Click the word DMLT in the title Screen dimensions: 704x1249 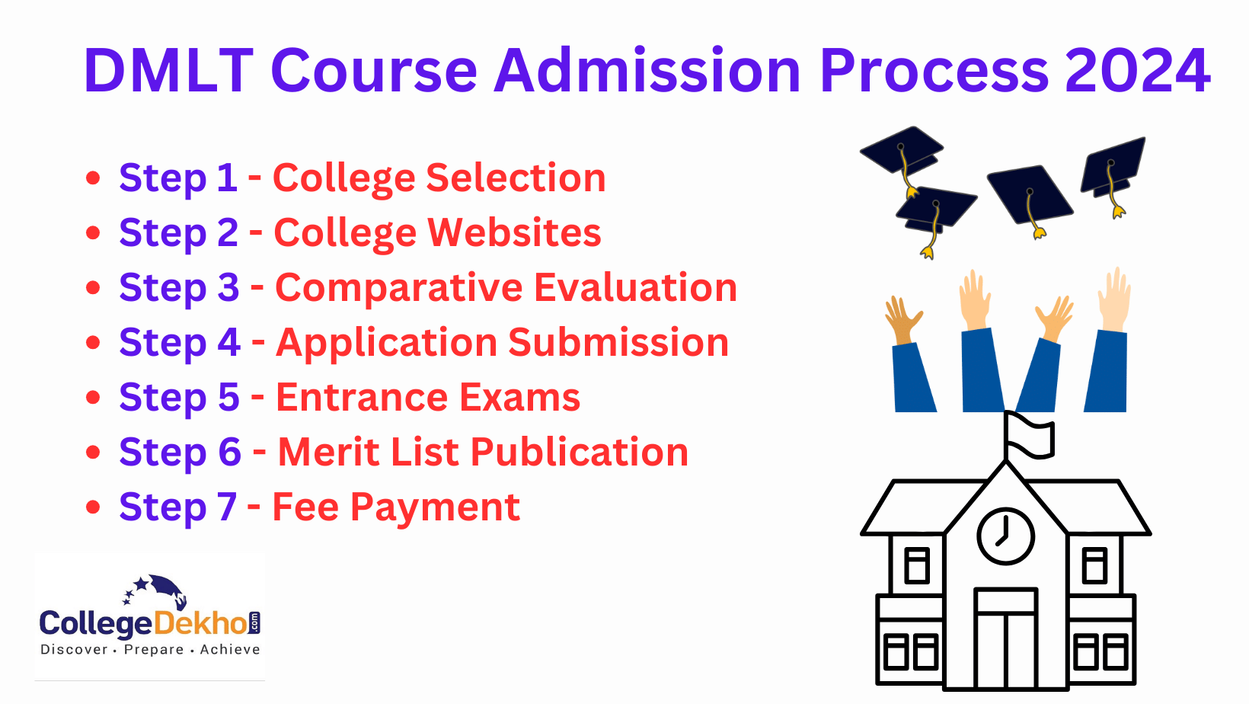click(168, 70)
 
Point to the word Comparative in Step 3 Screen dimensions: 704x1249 click(398, 288)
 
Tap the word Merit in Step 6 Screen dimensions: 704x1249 click(328, 452)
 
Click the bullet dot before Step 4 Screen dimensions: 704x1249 click(93, 343)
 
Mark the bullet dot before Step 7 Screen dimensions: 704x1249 click(93, 507)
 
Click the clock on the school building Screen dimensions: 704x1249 click(1005, 536)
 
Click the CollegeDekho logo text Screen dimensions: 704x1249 click(149, 624)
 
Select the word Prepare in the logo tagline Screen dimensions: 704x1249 click(154, 650)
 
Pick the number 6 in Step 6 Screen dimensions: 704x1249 click(229, 452)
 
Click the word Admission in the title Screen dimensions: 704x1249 click(648, 70)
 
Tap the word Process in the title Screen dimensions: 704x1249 click(934, 70)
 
